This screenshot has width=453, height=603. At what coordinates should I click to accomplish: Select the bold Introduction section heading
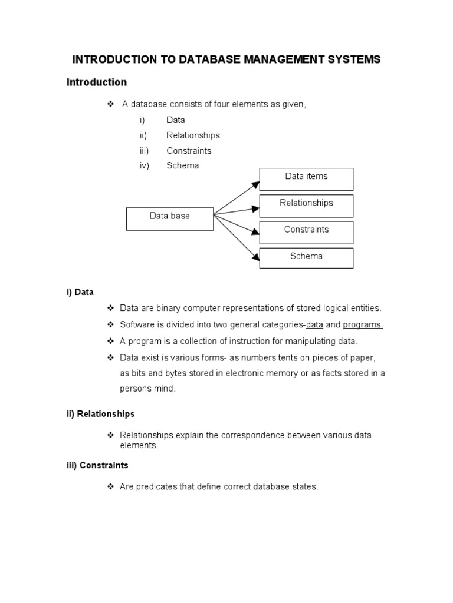click(x=96, y=82)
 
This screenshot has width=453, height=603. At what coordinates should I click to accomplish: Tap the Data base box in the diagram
click(x=170, y=218)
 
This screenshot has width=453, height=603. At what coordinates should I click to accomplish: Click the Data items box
click(x=306, y=179)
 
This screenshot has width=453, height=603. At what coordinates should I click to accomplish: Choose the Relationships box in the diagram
click(x=306, y=206)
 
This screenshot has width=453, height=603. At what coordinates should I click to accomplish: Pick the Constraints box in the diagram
click(x=306, y=232)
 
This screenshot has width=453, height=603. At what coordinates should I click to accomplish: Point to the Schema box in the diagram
click(x=306, y=258)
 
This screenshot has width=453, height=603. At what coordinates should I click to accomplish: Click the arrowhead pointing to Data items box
click(x=256, y=184)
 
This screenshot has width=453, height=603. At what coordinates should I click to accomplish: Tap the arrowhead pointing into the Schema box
click(x=256, y=257)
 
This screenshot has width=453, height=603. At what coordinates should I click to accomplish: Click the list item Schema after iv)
click(x=182, y=165)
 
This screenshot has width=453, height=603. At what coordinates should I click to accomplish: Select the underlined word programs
click(x=363, y=324)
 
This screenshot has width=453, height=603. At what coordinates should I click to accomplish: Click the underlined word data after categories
click(x=314, y=324)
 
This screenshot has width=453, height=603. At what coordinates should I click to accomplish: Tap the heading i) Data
click(x=80, y=292)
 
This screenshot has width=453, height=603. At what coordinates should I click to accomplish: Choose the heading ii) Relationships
click(x=100, y=414)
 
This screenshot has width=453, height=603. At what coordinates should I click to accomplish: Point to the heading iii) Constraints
click(x=97, y=465)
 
